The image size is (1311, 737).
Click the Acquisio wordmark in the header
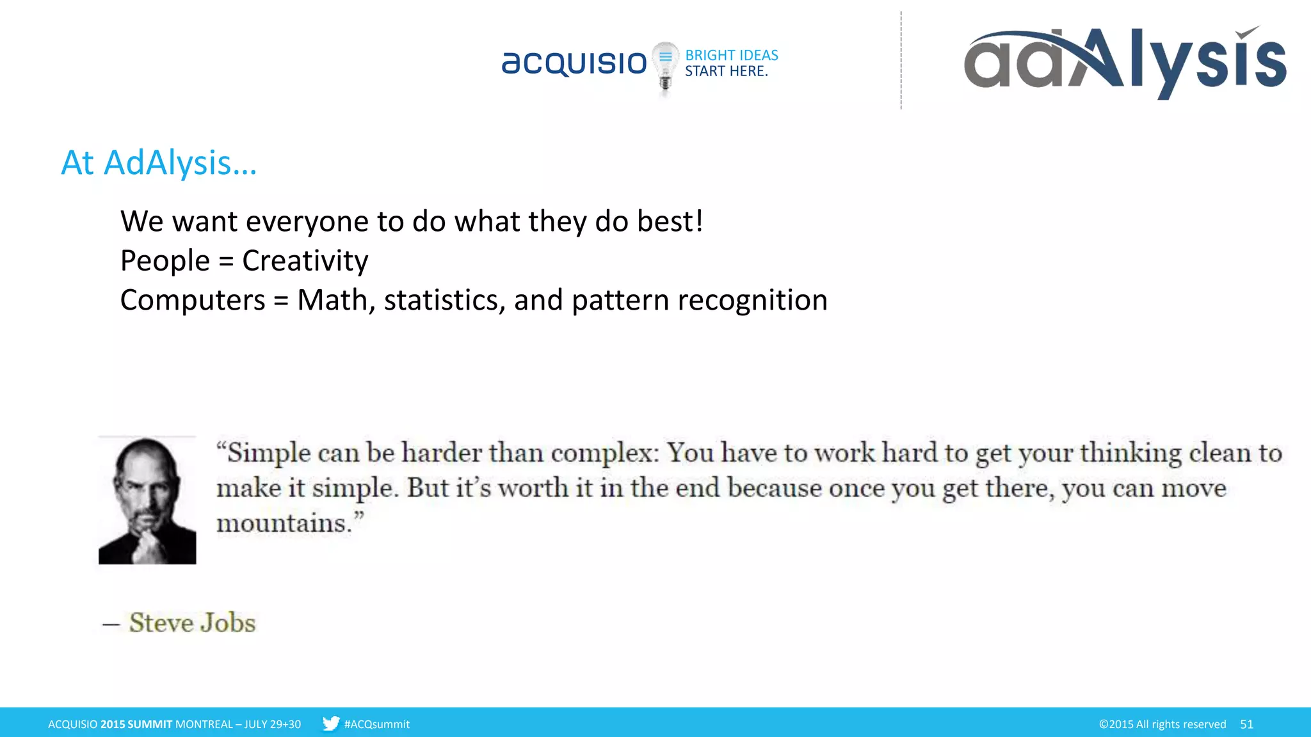[x=574, y=63]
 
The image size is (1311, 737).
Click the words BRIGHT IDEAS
[x=732, y=55]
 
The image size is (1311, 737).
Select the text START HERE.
[x=726, y=72]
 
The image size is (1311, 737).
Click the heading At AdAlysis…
[x=159, y=162]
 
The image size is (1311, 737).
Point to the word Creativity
[x=305, y=261]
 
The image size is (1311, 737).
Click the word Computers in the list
[x=192, y=300]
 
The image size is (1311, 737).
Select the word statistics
[x=441, y=300]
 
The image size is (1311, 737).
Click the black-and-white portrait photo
[x=147, y=500]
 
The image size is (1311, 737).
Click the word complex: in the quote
[x=604, y=453]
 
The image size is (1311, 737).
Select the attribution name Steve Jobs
[x=192, y=622]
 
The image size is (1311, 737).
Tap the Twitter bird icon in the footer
[x=330, y=724]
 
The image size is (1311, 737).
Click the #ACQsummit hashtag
[x=376, y=724]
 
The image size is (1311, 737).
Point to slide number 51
[x=1246, y=724]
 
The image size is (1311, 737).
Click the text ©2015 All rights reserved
[x=1162, y=724]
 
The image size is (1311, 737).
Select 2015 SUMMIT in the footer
[x=136, y=724]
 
